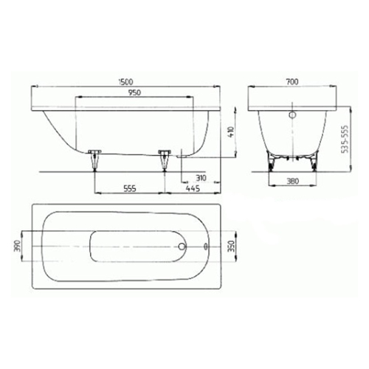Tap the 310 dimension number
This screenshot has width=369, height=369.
pos(201,177)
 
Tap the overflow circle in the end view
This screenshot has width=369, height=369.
pos(292,116)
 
